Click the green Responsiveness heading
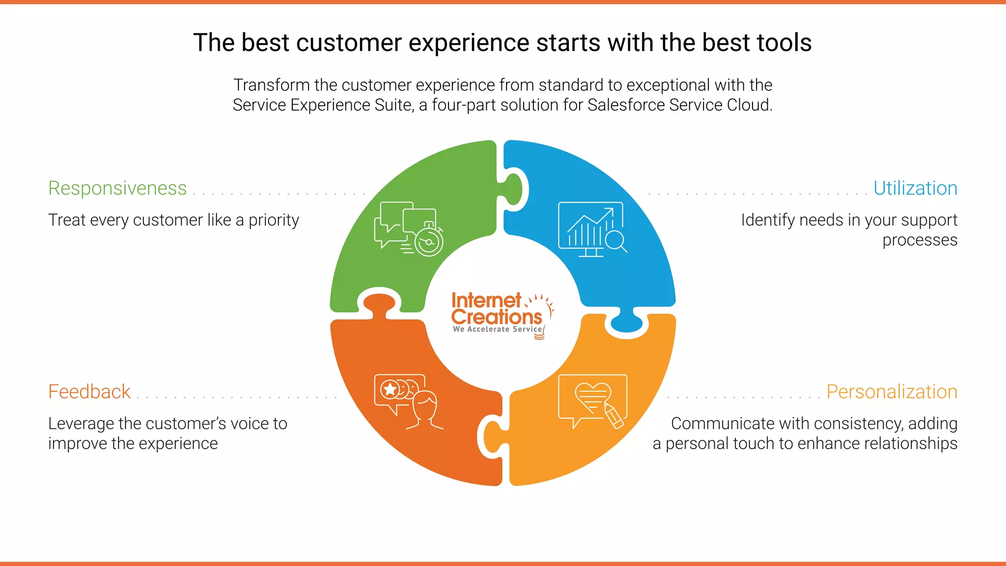pos(117,188)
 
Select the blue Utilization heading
pos(915,188)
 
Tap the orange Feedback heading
pos(89,392)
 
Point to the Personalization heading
pos(892,392)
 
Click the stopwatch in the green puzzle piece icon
pos(429,241)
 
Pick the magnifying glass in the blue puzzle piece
pos(615,241)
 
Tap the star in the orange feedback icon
pos(390,390)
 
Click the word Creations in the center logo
pos(496,317)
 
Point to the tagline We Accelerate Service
pos(497,329)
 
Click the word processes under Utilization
pos(920,240)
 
